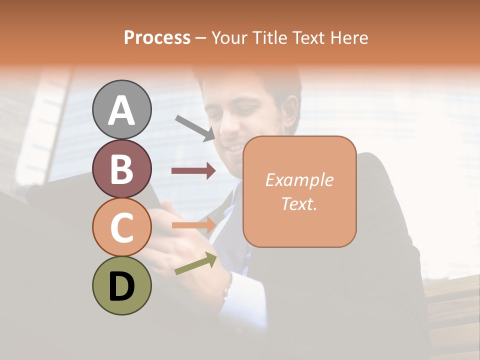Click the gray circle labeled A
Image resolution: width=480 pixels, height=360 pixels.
(121, 109)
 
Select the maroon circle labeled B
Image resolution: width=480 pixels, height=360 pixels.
(121, 168)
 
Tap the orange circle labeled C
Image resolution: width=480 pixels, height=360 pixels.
(121, 227)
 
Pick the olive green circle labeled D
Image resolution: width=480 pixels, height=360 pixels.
(121, 286)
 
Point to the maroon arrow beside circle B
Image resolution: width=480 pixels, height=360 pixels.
(193, 171)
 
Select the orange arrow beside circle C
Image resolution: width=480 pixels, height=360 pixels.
(193, 225)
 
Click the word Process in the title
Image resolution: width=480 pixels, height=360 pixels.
(157, 38)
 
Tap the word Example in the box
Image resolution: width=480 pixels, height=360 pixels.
(299, 180)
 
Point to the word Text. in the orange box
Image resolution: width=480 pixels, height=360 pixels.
(299, 203)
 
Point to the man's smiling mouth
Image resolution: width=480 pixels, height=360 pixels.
(234, 148)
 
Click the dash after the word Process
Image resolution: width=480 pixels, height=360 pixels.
(201, 38)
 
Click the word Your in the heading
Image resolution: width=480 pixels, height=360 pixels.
(229, 38)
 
